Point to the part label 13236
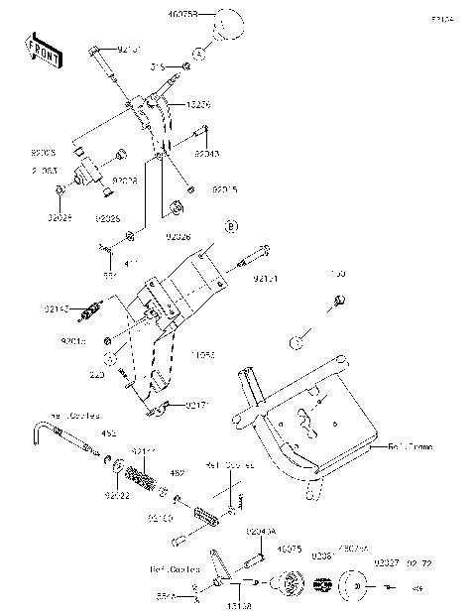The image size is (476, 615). (198, 103)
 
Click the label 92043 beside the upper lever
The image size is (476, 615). (206, 154)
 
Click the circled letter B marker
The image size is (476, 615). (230, 227)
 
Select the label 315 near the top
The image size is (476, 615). (157, 66)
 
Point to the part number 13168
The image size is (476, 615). (239, 603)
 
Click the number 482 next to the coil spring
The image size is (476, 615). (178, 473)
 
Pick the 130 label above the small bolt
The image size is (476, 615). (336, 273)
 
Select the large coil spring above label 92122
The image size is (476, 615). (145, 473)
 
